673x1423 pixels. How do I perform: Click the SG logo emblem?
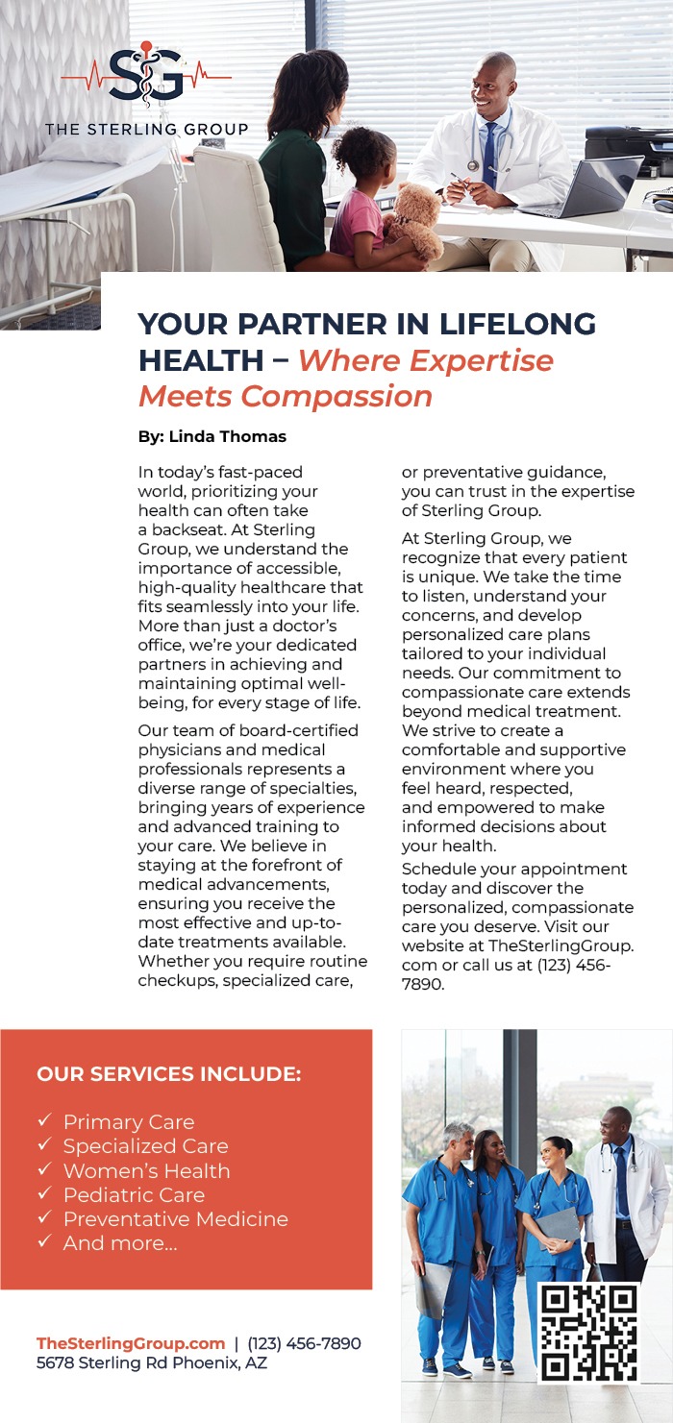click(146, 74)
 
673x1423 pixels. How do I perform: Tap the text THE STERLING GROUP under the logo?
click(146, 129)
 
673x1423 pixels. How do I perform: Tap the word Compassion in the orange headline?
click(336, 396)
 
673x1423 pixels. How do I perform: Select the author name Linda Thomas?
click(227, 436)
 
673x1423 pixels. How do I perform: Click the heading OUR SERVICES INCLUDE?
click(169, 1074)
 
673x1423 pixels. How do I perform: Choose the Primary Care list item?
click(129, 1122)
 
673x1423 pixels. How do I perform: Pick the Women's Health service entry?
click(146, 1171)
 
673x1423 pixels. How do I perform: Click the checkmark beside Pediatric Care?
click(44, 1195)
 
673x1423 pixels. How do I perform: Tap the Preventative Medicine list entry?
click(175, 1219)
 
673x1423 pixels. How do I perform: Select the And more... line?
click(120, 1243)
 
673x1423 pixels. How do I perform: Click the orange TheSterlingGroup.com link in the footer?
click(131, 1343)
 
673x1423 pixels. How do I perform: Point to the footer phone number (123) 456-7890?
click(304, 1343)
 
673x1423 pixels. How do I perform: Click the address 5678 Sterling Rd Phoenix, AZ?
click(152, 1362)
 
